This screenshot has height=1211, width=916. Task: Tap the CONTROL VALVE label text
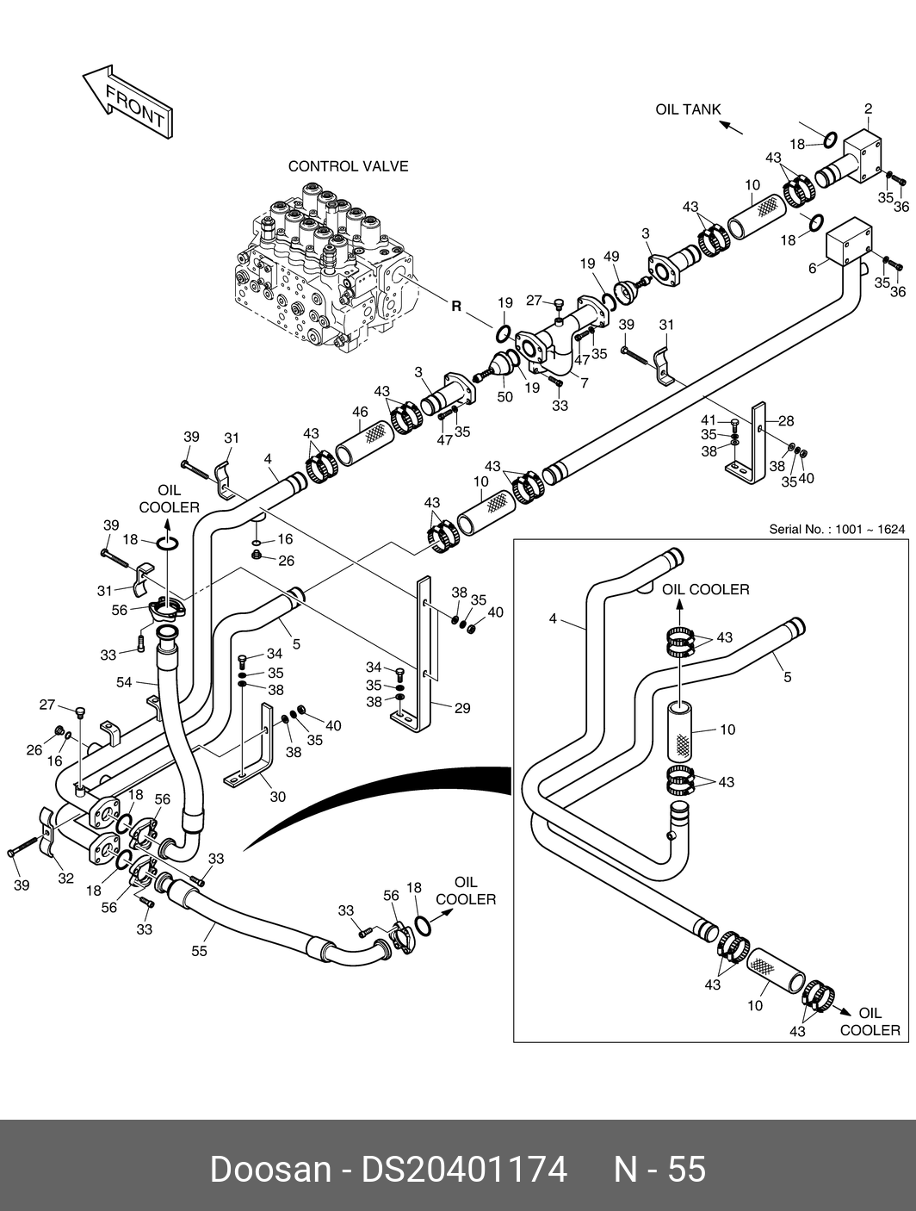tap(348, 166)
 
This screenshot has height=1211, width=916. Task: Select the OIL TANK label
tap(688, 109)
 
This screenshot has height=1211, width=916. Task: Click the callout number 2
tap(869, 109)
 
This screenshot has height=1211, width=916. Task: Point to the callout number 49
tap(612, 257)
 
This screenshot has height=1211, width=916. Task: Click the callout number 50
tap(505, 396)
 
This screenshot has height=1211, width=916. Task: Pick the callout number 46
tap(360, 413)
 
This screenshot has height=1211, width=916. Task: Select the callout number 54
tap(125, 682)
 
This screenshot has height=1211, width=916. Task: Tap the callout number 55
tap(200, 952)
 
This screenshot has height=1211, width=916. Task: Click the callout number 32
tap(65, 879)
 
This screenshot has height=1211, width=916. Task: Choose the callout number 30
tap(277, 797)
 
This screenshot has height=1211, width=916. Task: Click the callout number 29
tap(462, 708)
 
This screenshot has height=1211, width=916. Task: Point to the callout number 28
tap(786, 421)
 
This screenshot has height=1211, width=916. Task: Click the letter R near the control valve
tap(456, 306)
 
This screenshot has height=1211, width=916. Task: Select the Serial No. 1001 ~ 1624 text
tap(837, 529)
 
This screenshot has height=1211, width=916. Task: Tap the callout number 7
tap(585, 382)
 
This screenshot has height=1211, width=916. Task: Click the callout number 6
tap(812, 268)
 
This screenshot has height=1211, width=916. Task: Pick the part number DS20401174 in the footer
tap(464, 1169)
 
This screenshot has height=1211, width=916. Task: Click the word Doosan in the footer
tap(270, 1169)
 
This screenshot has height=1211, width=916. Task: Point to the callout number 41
tap(709, 419)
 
